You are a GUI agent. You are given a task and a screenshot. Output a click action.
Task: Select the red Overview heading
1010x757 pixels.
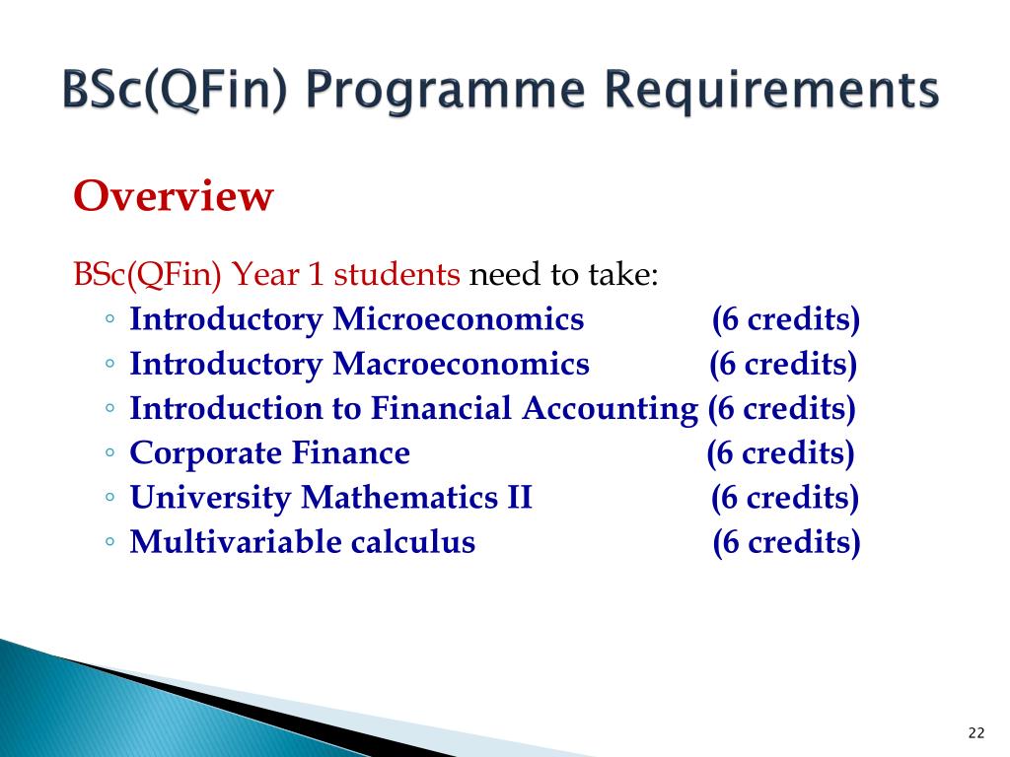tap(174, 196)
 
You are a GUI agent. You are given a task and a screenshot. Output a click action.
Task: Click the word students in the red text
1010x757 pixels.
tap(397, 274)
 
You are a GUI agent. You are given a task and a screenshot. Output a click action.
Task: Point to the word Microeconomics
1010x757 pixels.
tap(458, 318)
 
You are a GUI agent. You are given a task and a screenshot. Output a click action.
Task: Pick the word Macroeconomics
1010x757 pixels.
tap(461, 364)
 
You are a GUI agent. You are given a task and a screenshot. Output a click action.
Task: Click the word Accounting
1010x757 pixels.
tap(610, 409)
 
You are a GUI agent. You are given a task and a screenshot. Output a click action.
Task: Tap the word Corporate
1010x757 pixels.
tap(205, 453)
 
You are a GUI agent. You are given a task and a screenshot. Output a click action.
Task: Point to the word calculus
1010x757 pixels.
tap(413, 541)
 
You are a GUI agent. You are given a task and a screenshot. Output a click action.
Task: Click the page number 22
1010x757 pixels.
tap(975, 732)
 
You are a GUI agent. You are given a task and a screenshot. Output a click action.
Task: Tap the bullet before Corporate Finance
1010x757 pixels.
tap(110, 452)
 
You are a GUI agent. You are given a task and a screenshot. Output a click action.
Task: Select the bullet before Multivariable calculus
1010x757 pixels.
tap(110, 541)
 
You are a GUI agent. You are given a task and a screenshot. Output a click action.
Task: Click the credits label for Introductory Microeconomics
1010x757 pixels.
tap(786, 320)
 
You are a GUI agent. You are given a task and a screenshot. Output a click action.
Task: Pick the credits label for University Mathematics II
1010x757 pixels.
tap(784, 498)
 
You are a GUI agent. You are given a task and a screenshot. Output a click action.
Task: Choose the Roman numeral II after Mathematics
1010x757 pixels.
tap(519, 497)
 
